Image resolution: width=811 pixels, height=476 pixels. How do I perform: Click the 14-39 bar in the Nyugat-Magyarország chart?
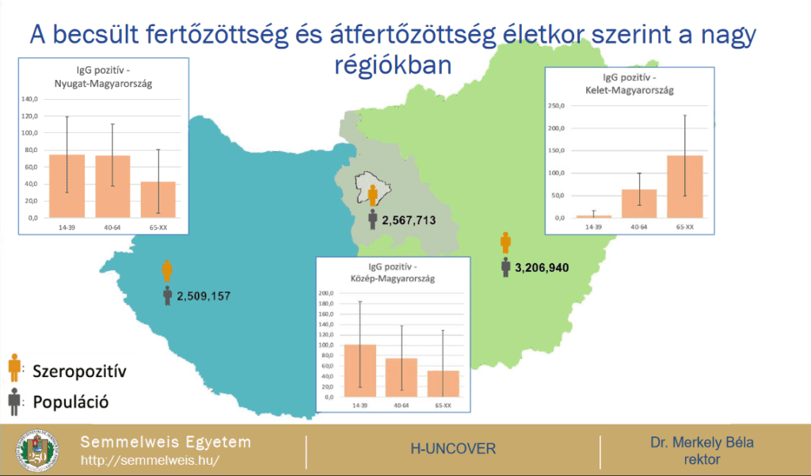[67, 186]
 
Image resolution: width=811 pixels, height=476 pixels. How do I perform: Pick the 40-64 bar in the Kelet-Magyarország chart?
[638, 203]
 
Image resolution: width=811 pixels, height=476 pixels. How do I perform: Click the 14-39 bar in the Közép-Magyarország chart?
[360, 370]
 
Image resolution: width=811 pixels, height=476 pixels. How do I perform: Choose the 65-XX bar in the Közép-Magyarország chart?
[443, 383]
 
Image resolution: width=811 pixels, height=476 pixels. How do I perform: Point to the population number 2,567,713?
[409, 219]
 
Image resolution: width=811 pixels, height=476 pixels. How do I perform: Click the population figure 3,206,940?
[542, 268]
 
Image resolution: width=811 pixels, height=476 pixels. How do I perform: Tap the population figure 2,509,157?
[204, 297]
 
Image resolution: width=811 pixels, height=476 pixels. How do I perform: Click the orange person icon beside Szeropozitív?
[13, 368]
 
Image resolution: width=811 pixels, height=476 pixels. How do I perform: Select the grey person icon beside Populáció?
[13, 402]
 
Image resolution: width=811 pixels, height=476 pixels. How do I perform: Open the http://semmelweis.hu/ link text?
[150, 460]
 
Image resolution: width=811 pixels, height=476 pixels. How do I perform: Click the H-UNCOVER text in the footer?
[452, 449]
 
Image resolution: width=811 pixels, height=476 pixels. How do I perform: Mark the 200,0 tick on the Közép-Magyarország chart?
[325, 293]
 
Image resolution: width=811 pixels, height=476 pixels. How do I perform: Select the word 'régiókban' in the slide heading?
[393, 65]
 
